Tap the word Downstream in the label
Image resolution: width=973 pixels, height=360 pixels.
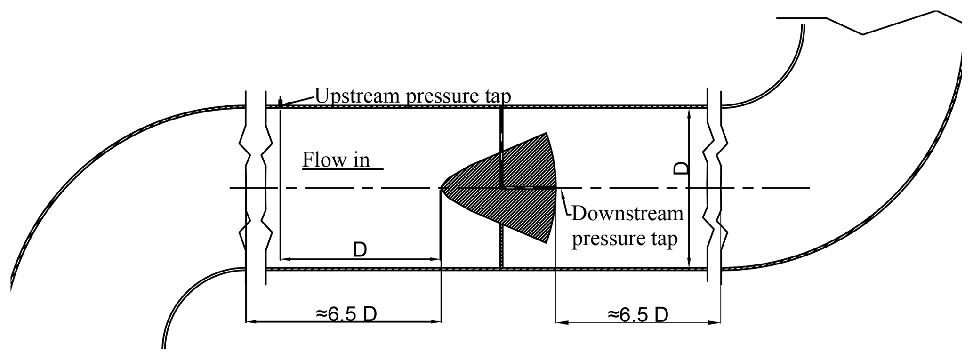click(x=627, y=213)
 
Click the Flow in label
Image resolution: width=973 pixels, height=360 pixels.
click(x=336, y=160)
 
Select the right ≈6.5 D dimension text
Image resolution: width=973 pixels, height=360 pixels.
click(x=638, y=314)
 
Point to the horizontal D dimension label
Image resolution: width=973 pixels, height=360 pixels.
click(x=360, y=250)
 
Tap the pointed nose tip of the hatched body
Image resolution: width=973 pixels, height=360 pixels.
click(x=442, y=188)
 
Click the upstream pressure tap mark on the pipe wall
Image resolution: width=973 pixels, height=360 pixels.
click(x=281, y=102)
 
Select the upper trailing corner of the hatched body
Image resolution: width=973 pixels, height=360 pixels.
click(x=546, y=134)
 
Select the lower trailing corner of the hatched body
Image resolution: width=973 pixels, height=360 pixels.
click(x=546, y=242)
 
